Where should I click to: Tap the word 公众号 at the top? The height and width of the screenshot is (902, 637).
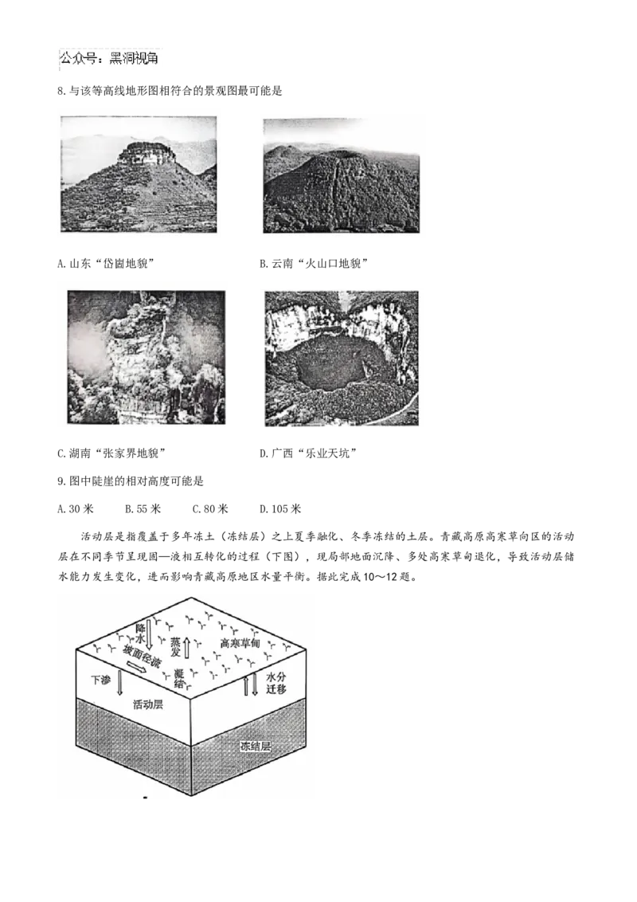(78, 60)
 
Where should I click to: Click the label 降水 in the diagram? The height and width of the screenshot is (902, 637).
(140, 633)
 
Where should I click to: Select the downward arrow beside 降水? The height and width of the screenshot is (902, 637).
(150, 633)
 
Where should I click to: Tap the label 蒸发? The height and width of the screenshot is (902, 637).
(176, 646)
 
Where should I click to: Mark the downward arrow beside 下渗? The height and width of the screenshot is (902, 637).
(119, 682)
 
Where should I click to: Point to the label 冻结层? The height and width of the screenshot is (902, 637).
(256, 747)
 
